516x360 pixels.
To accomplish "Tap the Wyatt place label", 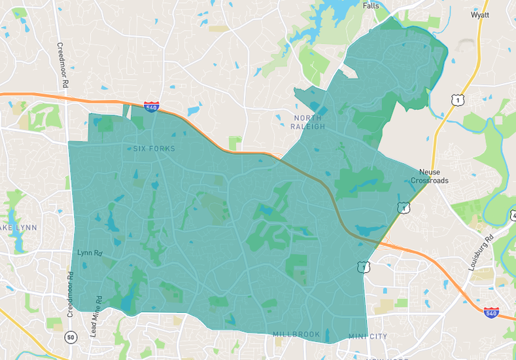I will click(x=480, y=15).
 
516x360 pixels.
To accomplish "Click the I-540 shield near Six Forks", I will click(x=151, y=107).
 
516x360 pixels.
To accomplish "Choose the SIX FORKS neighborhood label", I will click(x=154, y=149).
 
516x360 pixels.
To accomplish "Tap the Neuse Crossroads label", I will click(x=430, y=176).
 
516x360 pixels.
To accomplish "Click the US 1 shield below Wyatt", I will click(x=456, y=99).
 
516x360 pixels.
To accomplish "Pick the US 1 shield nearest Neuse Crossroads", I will click(x=404, y=208).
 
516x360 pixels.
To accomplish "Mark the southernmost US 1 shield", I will click(x=362, y=266).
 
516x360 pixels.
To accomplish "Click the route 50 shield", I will click(x=71, y=336).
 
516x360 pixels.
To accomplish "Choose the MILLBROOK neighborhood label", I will click(x=296, y=334).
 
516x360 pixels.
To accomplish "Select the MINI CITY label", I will click(x=368, y=336).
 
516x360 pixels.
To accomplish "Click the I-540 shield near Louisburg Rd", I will click(x=492, y=313).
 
